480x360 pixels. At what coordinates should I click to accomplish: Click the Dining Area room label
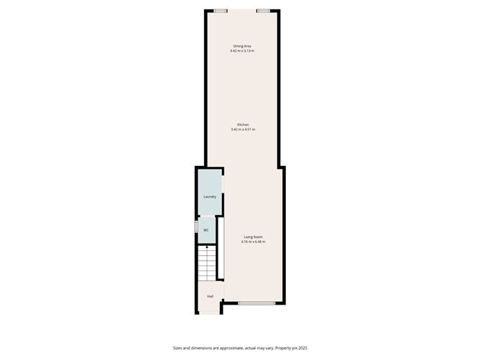[x=241, y=46]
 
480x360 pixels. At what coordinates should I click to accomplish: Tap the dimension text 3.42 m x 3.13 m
[x=242, y=51]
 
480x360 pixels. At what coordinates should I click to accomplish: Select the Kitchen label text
[x=243, y=124]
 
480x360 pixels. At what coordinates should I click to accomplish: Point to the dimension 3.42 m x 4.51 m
[x=243, y=129]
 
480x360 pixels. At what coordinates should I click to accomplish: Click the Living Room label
[x=253, y=236]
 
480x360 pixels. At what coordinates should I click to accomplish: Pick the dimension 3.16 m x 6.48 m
[x=253, y=241]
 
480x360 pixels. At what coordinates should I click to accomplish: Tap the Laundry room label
[x=210, y=196]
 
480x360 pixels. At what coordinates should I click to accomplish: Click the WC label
[x=206, y=230]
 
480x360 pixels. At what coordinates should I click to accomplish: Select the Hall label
[x=210, y=296]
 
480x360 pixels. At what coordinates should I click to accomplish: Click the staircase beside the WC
[x=206, y=263]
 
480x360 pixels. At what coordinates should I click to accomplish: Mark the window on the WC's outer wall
[x=196, y=227]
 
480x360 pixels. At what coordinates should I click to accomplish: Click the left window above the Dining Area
[x=221, y=11]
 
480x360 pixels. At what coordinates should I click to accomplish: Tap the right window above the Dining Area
[x=263, y=11]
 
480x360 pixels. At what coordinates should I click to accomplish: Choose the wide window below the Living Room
[x=257, y=304]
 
